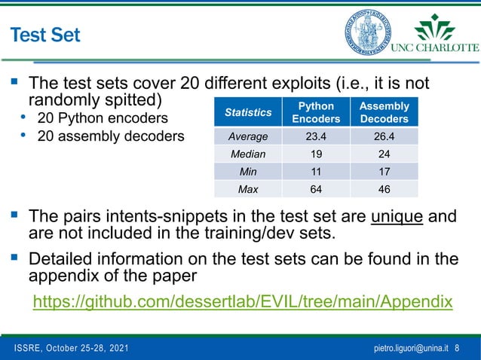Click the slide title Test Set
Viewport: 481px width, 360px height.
44,35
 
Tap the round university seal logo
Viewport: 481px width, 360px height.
368,32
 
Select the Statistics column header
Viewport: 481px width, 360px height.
249,112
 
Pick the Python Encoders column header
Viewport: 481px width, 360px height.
316,112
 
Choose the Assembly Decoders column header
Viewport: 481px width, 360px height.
384,112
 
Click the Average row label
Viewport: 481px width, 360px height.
249,136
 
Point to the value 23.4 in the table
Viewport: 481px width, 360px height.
316,136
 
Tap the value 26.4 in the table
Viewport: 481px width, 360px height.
384,136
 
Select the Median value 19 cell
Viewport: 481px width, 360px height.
316,154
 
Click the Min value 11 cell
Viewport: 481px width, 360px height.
316,171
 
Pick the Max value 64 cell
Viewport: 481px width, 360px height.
316,188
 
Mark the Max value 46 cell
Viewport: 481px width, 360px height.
384,188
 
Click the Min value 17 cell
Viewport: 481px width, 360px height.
384,171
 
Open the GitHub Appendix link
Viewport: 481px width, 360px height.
243,302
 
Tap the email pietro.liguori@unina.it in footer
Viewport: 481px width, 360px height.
412,349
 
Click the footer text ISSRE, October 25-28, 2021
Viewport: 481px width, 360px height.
72,349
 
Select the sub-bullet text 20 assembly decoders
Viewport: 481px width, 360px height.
110,136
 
